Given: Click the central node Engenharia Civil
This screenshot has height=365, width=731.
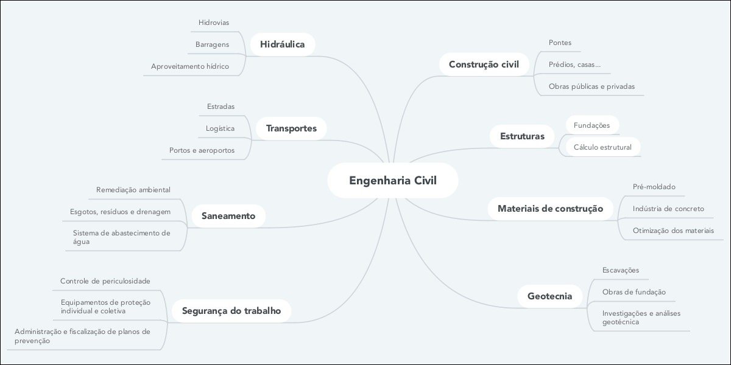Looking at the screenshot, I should coord(393,180).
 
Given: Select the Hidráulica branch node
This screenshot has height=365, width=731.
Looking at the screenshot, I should coord(282,44).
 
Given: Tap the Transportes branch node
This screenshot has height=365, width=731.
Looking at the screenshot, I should coord(291,128).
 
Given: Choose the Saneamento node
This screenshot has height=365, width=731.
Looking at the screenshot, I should coord(228,215).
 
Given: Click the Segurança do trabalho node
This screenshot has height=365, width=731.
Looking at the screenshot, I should coord(231,311).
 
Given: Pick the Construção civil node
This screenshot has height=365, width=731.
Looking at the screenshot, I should coord(484,64).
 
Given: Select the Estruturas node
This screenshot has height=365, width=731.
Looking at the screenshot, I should coord(522,136).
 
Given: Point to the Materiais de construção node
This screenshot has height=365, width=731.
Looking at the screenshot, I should coord(550,209).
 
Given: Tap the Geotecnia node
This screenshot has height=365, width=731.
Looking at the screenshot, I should coord(549,296).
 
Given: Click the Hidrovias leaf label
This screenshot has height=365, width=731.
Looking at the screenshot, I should coord(213,23).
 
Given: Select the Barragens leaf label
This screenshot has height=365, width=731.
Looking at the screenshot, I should coord(212,44).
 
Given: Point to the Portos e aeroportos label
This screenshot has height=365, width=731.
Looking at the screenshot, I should coord(202,150).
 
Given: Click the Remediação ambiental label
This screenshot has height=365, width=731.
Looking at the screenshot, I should coord(133,190).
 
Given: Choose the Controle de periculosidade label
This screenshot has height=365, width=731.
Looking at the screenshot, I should coord(105,281).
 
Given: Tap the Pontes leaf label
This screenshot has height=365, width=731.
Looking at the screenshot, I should coord(560,43).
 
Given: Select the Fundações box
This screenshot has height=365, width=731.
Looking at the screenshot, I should coord(592,125).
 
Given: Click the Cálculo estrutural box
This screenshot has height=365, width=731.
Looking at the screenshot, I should coord(602,147).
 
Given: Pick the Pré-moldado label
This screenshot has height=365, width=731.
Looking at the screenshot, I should coord(654,187).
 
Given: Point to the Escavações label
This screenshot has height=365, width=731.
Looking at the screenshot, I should coord(621,270).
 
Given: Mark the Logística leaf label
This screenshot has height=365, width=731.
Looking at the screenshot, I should coord(220,128).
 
